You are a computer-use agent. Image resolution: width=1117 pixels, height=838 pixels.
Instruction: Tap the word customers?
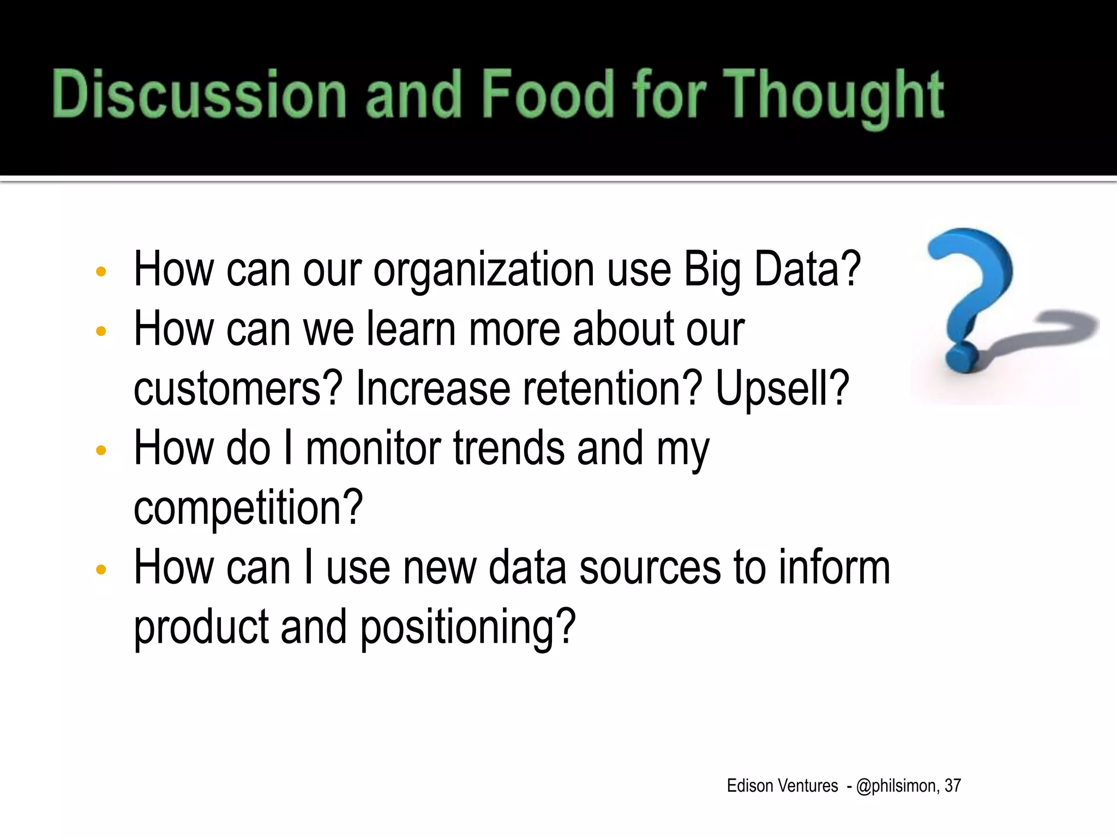click(x=238, y=388)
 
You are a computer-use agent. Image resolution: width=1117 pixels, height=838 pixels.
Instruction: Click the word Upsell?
click(x=782, y=388)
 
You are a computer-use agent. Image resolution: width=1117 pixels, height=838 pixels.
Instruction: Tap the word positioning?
click(x=468, y=627)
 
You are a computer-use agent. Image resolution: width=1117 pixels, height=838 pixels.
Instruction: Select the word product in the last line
click(x=201, y=627)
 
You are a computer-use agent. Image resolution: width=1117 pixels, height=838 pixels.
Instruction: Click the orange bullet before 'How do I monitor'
click(x=100, y=451)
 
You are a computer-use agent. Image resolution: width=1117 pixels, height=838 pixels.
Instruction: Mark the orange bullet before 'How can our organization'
click(x=100, y=272)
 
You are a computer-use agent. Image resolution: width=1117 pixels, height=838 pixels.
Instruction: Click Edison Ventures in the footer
click(x=782, y=786)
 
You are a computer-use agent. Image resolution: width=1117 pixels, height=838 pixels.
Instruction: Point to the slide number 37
click(x=952, y=786)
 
